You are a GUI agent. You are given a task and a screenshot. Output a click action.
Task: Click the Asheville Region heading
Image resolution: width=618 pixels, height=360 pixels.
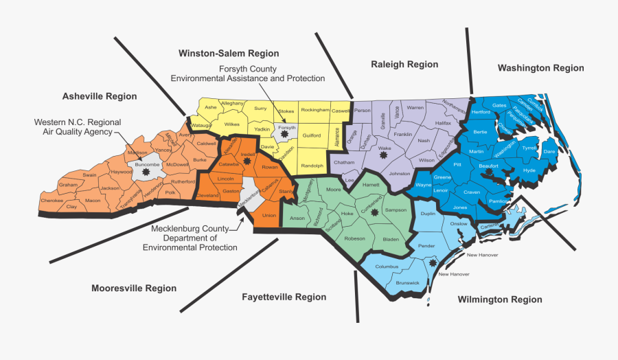pyautogui.click(x=100, y=96)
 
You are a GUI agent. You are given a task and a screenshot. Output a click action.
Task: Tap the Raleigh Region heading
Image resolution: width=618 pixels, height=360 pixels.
pyautogui.click(x=404, y=65)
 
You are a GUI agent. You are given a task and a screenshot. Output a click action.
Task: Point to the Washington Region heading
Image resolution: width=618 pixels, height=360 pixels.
pyautogui.click(x=541, y=68)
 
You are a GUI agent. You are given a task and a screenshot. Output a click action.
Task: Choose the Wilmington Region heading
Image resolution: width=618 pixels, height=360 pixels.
pyautogui.click(x=500, y=300)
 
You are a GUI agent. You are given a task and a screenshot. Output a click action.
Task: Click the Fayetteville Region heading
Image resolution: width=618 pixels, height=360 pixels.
pyautogui.click(x=284, y=297)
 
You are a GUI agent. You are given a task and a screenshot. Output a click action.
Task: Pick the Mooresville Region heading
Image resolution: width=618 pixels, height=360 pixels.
pyautogui.click(x=134, y=289)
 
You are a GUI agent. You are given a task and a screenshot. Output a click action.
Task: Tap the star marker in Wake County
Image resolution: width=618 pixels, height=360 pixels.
pyautogui.click(x=383, y=157)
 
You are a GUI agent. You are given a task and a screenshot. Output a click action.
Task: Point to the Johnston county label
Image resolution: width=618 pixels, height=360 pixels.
pyautogui.click(x=399, y=173)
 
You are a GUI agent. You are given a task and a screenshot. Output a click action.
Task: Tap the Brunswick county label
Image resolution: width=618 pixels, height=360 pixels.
pyautogui.click(x=408, y=282)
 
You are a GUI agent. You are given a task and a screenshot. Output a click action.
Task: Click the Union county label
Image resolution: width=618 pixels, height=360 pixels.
pyautogui.click(x=269, y=215)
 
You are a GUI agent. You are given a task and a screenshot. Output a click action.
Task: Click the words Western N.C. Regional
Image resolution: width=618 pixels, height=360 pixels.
pyautogui.click(x=78, y=122)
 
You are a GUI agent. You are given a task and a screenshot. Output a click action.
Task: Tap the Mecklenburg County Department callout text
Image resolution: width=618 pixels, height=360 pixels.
pyautogui.click(x=196, y=238)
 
